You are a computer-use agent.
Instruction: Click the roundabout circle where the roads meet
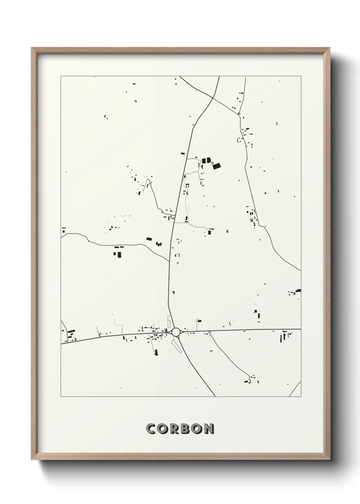pos(176,332)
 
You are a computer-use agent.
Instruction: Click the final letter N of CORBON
pos(209,428)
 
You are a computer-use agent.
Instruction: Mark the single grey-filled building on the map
pos(227,232)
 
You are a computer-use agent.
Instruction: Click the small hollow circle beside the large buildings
pos(213,163)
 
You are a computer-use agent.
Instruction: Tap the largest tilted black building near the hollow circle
pos(216,166)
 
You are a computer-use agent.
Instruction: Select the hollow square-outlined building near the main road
pos(187,185)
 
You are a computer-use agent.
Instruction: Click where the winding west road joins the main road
pos(169,262)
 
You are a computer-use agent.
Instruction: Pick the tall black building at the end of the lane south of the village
pos(156,352)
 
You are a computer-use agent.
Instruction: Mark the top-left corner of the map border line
pos(61,76)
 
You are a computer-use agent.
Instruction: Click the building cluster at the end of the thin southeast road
pos(252,379)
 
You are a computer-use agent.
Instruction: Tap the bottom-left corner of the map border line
pos(61,397)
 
